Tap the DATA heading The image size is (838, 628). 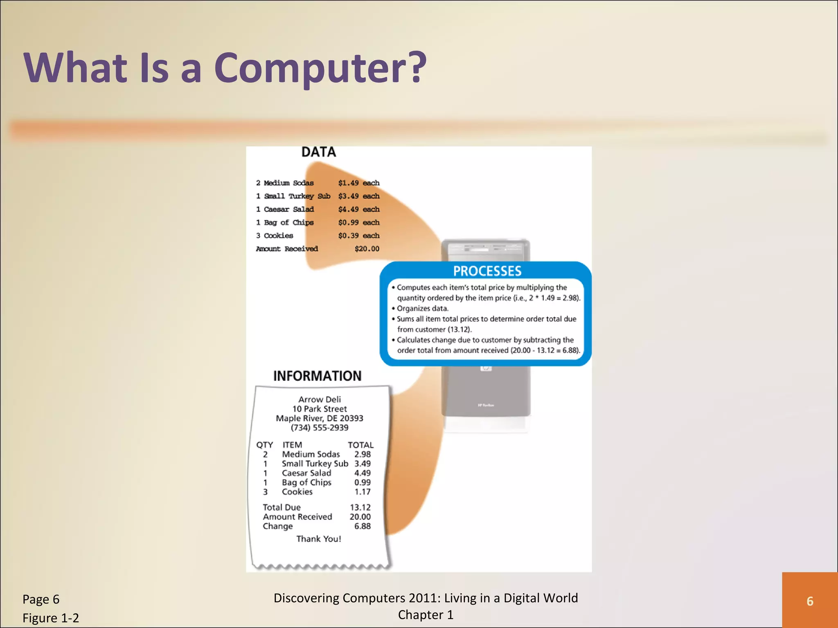318,152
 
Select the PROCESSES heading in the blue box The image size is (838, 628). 487,271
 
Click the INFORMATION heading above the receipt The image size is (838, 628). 317,376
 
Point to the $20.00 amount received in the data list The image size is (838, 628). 367,249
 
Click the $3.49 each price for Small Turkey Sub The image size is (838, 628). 358,196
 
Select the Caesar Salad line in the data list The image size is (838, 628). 285,209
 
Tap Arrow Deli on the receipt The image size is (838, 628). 319,399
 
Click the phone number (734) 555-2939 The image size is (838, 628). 319,428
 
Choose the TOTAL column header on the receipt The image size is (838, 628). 360,445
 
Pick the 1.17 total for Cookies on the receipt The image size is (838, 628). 362,492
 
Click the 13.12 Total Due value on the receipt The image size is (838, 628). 360,507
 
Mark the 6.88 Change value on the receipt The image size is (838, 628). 362,526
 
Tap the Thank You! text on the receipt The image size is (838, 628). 318,539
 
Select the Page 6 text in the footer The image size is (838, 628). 41,599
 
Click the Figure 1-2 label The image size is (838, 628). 51,618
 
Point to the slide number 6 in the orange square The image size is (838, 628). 809,601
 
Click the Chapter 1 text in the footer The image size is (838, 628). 426,615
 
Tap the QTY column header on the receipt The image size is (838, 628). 264,445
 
